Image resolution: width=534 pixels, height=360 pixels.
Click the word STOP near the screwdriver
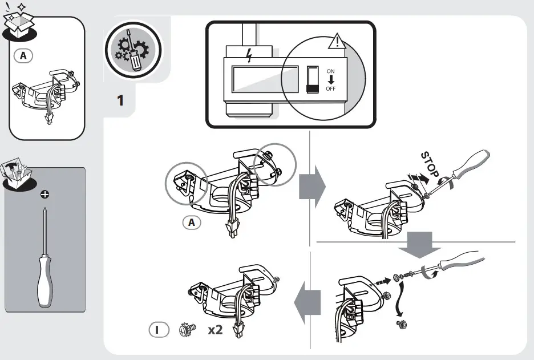[430, 164]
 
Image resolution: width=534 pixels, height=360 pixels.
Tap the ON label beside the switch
[331, 71]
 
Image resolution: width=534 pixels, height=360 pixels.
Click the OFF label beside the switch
[331, 89]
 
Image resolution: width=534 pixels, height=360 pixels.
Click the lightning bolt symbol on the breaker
[247, 55]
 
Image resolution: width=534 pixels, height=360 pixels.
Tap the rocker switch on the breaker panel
[311, 79]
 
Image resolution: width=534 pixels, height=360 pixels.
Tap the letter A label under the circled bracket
[192, 223]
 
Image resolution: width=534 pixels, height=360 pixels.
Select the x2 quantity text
[215, 330]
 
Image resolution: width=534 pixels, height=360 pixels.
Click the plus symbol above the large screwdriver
[45, 195]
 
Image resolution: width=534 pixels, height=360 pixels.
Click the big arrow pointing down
[418, 244]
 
